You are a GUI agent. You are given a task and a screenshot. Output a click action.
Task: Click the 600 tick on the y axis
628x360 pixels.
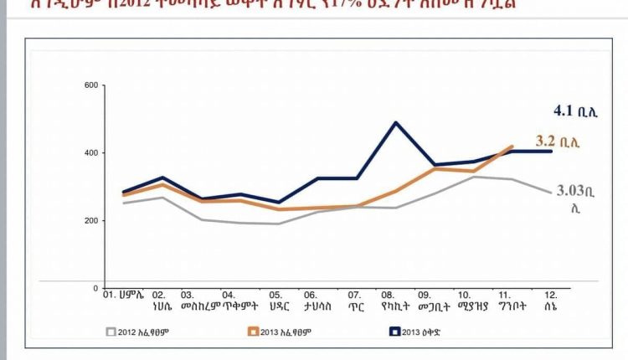point(91,85)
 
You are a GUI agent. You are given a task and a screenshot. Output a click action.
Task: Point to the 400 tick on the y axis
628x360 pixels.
point(91,153)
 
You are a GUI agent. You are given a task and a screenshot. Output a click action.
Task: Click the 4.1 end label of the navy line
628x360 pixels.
point(574,111)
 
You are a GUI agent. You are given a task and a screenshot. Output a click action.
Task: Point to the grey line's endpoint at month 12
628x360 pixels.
point(550,193)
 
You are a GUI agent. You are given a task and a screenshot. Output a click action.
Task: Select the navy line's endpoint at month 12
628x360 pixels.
point(550,152)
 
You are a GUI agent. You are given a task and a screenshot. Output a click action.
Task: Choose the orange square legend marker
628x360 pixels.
point(251,332)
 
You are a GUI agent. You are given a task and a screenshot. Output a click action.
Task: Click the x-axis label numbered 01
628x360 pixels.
point(122,295)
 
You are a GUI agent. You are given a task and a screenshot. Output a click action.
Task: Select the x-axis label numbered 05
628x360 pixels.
point(275,301)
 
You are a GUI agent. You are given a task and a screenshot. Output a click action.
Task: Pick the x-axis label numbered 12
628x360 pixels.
point(550,301)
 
